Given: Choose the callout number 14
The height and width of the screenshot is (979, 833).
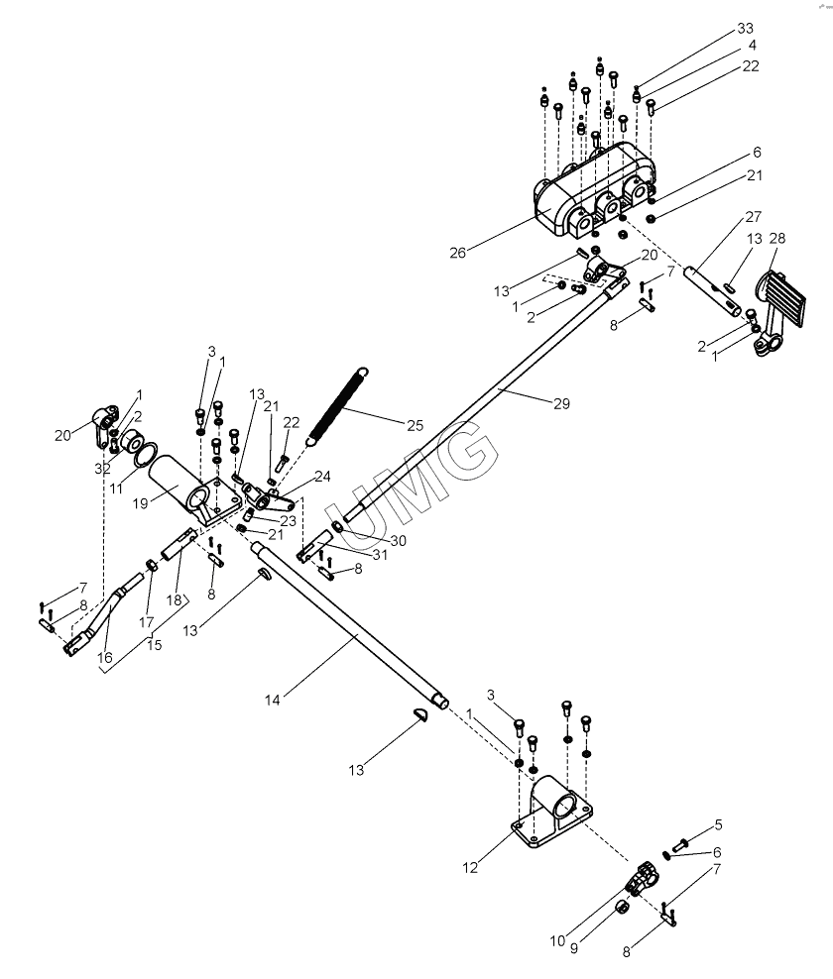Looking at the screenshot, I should pos(271,700).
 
